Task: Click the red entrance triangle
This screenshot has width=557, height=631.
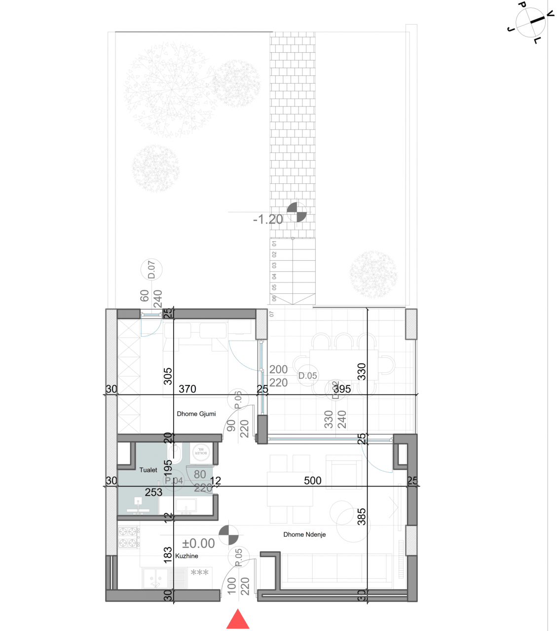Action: [x=238, y=620]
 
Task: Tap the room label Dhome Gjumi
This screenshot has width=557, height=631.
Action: [x=196, y=414]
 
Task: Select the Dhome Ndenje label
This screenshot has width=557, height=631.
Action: [x=304, y=534]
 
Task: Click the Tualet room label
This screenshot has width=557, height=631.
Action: [x=148, y=470]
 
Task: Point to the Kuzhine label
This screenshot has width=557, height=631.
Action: [x=186, y=556]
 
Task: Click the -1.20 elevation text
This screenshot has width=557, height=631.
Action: [x=268, y=219]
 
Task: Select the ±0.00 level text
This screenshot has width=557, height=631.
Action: [x=198, y=543]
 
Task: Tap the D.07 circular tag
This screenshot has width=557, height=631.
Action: [x=151, y=270]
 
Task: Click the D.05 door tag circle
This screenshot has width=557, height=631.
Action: [x=307, y=376]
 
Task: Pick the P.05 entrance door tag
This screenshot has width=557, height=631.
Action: [x=239, y=558]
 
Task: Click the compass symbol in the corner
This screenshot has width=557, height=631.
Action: [x=531, y=22]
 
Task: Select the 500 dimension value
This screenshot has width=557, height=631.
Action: [x=312, y=481]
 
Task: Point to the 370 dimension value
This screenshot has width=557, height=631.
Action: [x=187, y=389]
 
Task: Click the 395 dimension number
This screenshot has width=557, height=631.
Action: [x=342, y=389]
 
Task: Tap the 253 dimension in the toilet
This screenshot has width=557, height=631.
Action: [x=153, y=492]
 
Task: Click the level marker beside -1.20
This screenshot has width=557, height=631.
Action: [x=297, y=212]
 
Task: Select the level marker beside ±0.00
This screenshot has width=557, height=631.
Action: [x=228, y=535]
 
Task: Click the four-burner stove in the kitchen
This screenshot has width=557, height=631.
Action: [x=128, y=537]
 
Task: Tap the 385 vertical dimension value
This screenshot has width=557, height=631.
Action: [x=362, y=517]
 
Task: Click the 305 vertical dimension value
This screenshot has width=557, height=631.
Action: [x=168, y=376]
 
